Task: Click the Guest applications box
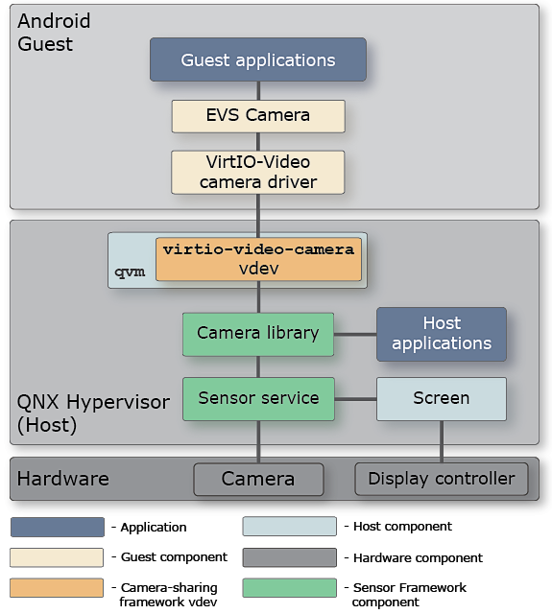[x=257, y=59]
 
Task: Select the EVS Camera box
[x=257, y=115]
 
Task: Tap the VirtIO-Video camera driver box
[x=257, y=171]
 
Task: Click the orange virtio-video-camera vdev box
[x=258, y=259]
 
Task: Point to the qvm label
[x=131, y=272]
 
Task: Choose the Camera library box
[x=257, y=334]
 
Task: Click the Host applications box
[x=441, y=334]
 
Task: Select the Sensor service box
[x=257, y=398]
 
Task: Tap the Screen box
[x=441, y=398]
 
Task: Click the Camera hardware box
[x=257, y=479]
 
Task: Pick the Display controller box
[x=441, y=479]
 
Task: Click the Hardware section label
[x=63, y=479]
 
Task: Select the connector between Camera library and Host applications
[x=354, y=334]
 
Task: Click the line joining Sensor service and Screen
[x=354, y=398]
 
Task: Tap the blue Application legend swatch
[x=57, y=527]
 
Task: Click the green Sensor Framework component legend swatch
[x=289, y=587]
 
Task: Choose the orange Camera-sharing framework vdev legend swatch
[x=57, y=587]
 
